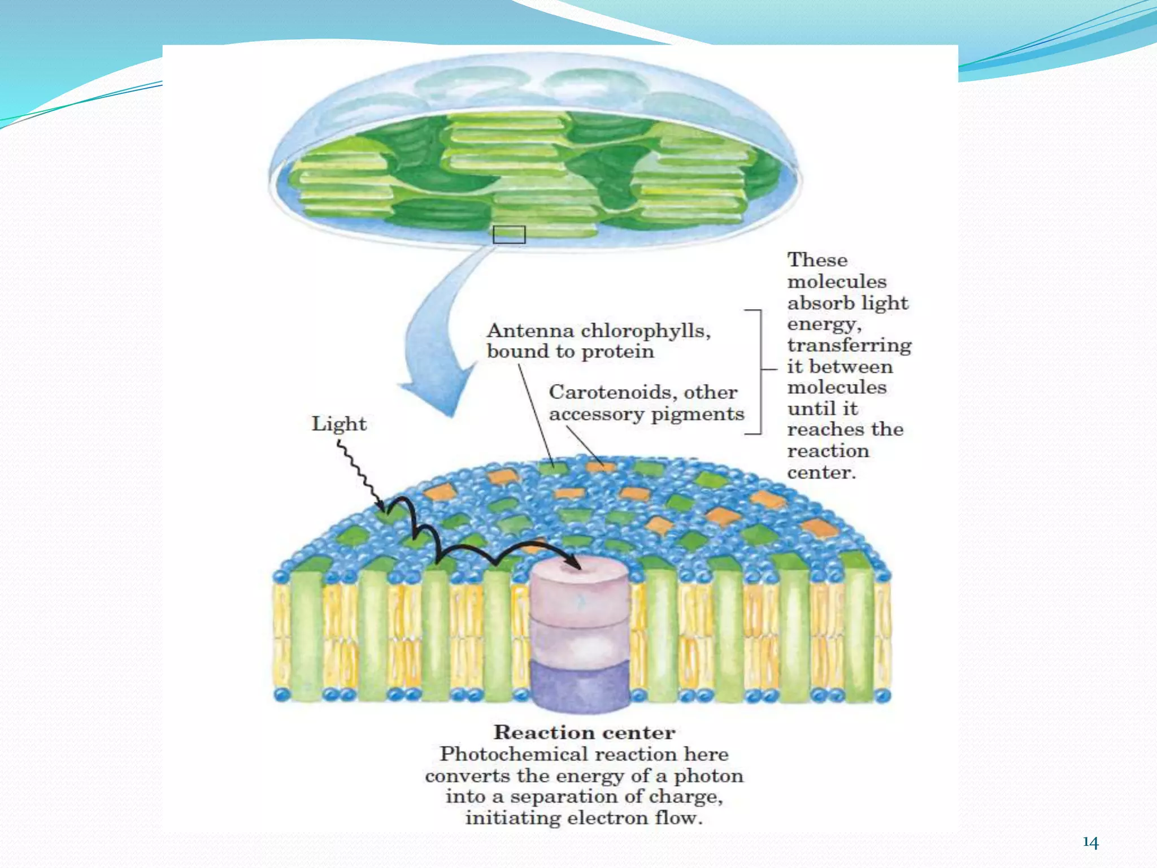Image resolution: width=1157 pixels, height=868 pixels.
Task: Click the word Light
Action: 339,424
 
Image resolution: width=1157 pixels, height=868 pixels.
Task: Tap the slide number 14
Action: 1090,843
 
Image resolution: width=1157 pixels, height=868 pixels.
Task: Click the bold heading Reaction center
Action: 584,732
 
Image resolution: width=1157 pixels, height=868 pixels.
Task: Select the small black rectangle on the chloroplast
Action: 509,235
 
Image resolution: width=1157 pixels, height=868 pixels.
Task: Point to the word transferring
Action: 849,345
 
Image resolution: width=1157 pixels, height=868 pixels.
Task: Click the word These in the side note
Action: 817,260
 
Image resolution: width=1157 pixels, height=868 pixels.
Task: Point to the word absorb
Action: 814,303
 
